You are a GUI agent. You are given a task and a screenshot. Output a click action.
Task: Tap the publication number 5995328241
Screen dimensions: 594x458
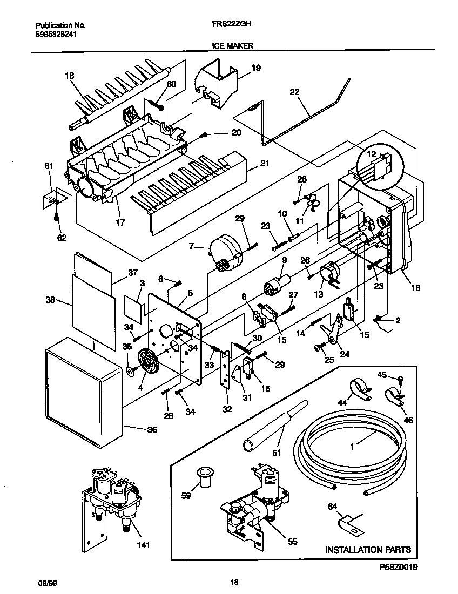point(57,32)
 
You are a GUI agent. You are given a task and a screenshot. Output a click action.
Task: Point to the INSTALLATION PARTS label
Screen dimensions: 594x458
point(367,550)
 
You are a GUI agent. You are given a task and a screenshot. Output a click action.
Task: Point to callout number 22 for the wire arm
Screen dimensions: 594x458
point(294,92)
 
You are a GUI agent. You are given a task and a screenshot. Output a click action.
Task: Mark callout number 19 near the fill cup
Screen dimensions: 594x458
point(255,68)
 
